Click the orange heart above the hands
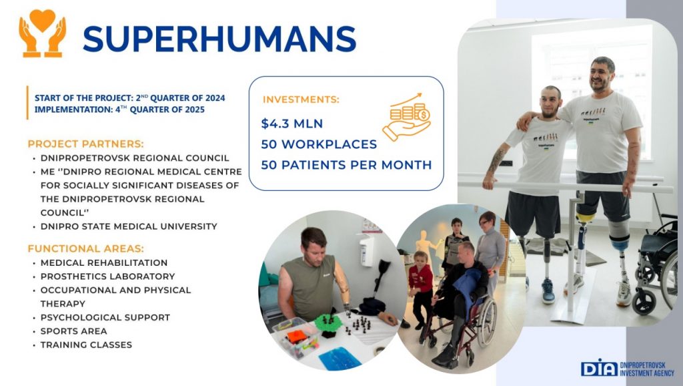(42, 19)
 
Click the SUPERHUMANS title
(219, 39)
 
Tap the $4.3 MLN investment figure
(292, 124)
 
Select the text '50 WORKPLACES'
(319, 144)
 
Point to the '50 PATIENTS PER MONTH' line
(346, 165)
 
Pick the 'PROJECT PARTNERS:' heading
(85, 144)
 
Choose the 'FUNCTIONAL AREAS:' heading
(85, 248)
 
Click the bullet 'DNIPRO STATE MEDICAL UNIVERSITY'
(129, 226)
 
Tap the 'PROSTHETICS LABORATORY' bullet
(107, 276)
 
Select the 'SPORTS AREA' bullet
(73, 331)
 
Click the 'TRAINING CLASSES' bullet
(86, 345)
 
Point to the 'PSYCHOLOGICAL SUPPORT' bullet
(105, 317)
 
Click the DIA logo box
(599, 368)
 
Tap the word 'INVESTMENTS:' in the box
(301, 100)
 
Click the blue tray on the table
(339, 359)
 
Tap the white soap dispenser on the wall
(367, 250)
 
